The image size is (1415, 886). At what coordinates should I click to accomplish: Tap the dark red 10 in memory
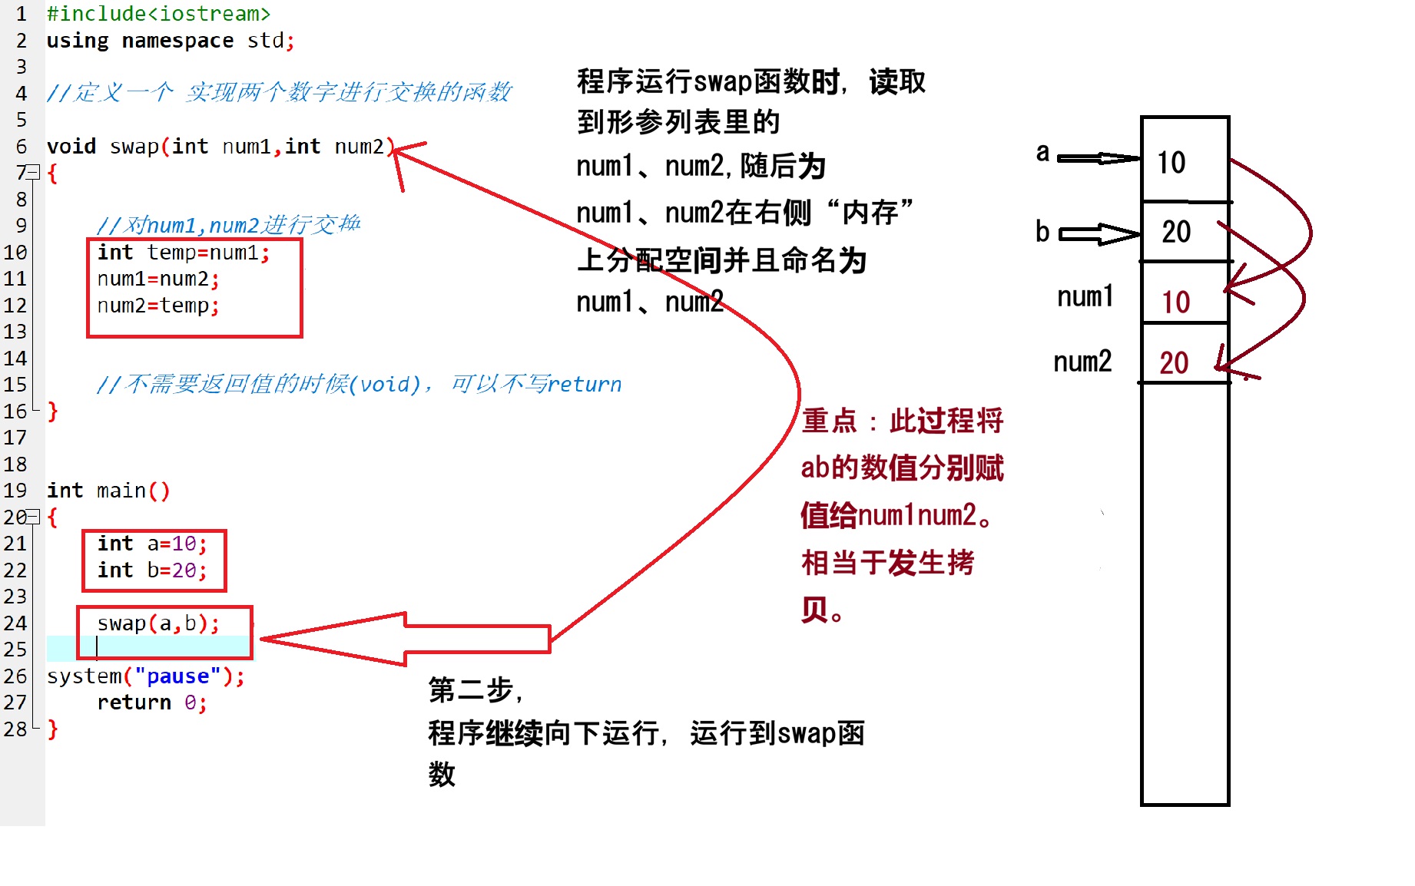[x=1175, y=302]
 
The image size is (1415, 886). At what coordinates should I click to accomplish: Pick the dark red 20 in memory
[x=1174, y=362]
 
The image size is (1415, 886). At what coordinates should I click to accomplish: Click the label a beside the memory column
[x=1042, y=153]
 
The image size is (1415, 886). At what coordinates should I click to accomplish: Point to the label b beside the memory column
[x=1042, y=231]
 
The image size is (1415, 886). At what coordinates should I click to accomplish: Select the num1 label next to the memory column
[x=1085, y=296]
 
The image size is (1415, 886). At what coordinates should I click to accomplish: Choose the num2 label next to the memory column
[x=1082, y=361]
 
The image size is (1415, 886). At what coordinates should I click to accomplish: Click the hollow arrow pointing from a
[x=1099, y=158]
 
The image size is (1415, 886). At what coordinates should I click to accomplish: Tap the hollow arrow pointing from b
[x=1099, y=233]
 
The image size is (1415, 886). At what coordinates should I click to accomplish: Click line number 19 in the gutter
[x=15, y=491]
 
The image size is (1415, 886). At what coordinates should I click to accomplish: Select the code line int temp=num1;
[x=183, y=253]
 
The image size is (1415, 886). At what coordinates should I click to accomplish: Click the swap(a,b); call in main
[x=157, y=623]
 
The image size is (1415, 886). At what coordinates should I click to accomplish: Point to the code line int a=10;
[x=152, y=544]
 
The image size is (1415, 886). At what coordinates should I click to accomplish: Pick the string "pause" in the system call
[x=177, y=676]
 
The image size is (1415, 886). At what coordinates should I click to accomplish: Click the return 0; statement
[x=151, y=703]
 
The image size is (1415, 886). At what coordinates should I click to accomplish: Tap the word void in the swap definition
[x=71, y=147]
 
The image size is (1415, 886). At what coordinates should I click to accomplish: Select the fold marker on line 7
[x=33, y=172]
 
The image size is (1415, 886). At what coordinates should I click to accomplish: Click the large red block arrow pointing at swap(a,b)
[x=407, y=638]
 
